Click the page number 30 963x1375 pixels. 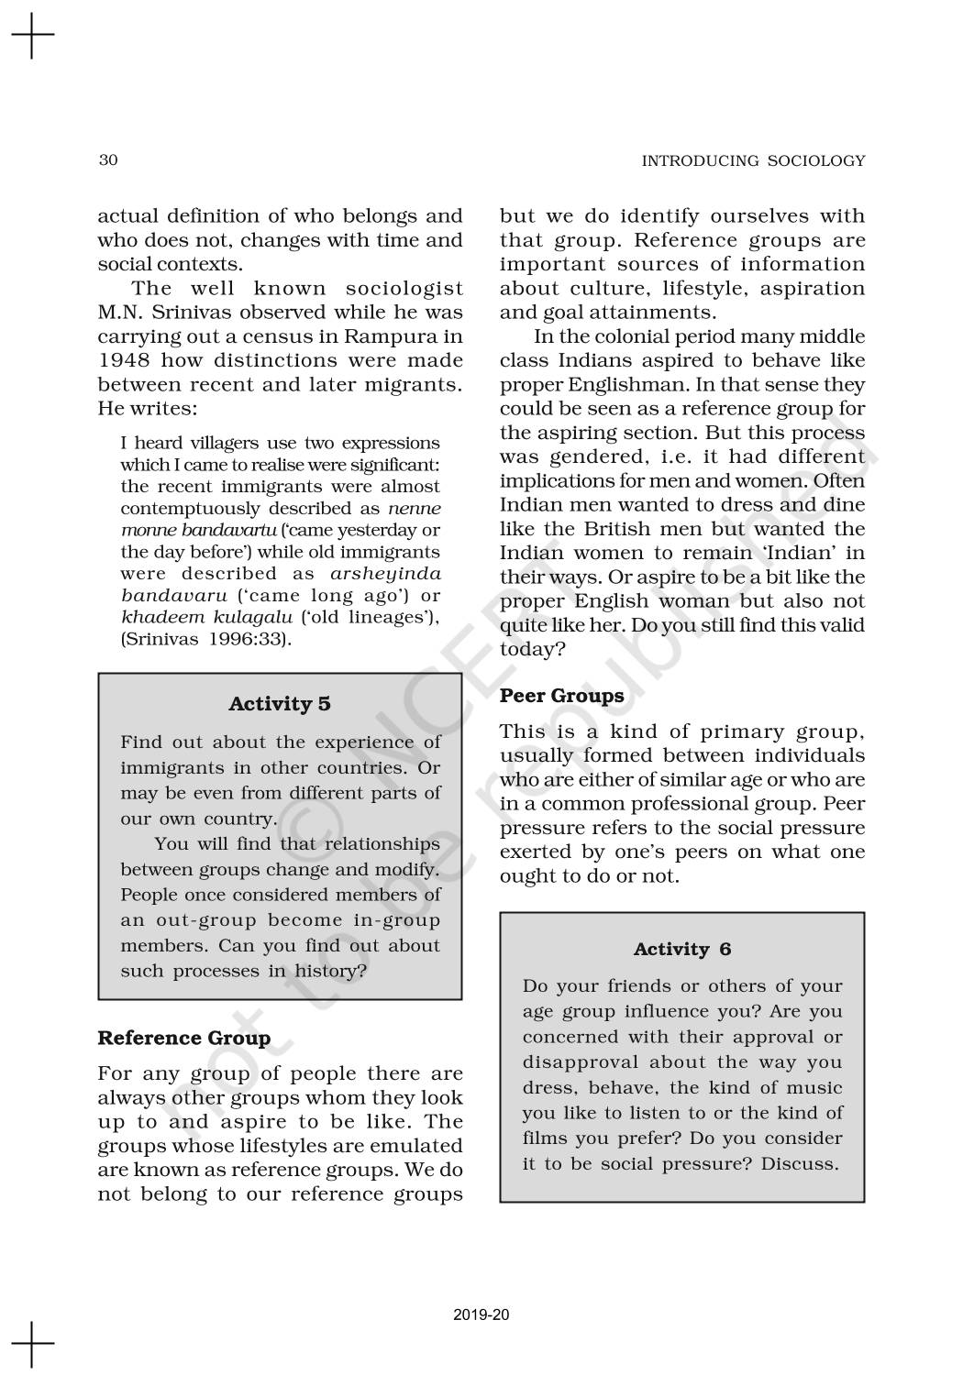pos(107,160)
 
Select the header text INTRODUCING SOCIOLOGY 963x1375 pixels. pos(753,161)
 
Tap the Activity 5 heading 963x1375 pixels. pos(280,704)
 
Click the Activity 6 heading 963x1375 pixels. pos(682,950)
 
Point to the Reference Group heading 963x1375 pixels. pos(184,1038)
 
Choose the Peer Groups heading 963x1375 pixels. pos(561,696)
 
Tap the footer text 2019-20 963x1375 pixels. pos(481,1314)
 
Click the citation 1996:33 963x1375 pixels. pos(241,639)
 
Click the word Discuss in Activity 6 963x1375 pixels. pos(805,1164)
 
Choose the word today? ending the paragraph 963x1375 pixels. pos(532,649)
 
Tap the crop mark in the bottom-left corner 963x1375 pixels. pos(32,1343)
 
